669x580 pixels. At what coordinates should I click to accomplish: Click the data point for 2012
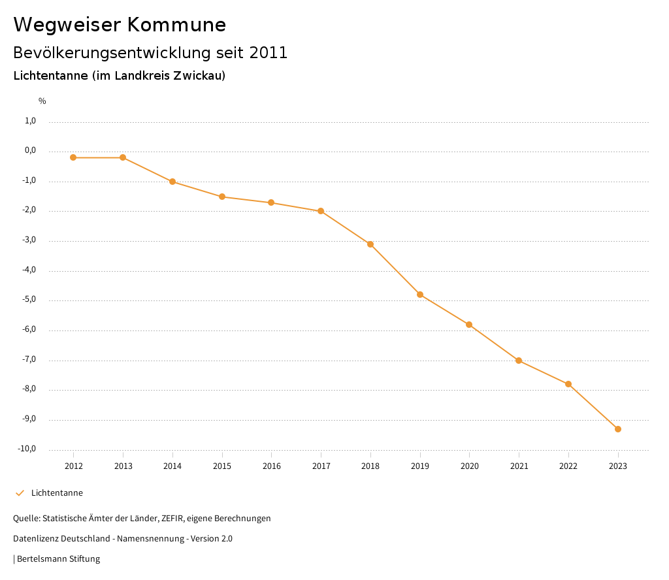click(73, 157)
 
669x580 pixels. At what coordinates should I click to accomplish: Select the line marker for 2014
click(172, 182)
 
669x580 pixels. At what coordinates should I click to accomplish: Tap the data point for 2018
click(370, 244)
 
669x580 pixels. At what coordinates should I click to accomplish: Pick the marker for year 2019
click(420, 295)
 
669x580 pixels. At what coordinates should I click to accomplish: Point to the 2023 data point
click(618, 429)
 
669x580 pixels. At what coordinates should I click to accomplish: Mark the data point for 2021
click(519, 361)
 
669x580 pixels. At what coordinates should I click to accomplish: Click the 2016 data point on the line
click(271, 202)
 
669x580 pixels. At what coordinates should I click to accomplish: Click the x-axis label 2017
click(321, 466)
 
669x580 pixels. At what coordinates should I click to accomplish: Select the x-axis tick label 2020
click(470, 466)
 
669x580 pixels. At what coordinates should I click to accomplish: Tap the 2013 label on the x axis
click(123, 466)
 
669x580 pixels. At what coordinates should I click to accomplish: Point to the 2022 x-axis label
click(568, 466)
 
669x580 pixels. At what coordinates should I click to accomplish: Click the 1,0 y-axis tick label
click(30, 121)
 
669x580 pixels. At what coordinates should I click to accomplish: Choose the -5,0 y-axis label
click(29, 300)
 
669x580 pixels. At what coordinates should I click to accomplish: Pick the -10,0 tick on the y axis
click(27, 449)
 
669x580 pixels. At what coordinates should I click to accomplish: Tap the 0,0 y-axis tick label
click(30, 151)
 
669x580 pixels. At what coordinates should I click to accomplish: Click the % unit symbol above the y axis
click(42, 101)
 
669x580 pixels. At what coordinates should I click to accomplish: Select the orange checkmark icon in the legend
click(20, 493)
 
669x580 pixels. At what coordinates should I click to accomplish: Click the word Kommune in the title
click(176, 25)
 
